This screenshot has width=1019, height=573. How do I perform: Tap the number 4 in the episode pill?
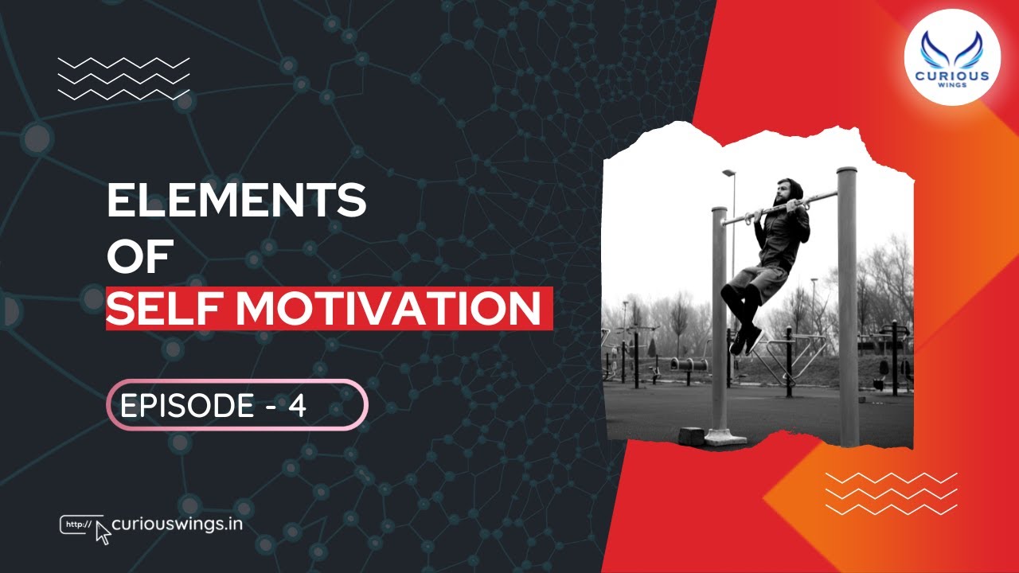(x=297, y=407)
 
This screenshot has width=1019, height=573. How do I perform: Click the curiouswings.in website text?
(x=178, y=524)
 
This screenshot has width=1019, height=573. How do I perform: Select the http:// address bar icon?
(x=77, y=524)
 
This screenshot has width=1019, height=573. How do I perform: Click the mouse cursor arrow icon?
(x=103, y=534)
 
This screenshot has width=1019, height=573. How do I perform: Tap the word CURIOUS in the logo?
(x=952, y=76)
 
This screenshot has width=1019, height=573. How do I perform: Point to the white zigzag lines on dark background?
(x=124, y=78)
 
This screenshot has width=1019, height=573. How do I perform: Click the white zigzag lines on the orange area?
(x=891, y=493)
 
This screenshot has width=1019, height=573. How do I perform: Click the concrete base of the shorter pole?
(x=725, y=436)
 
